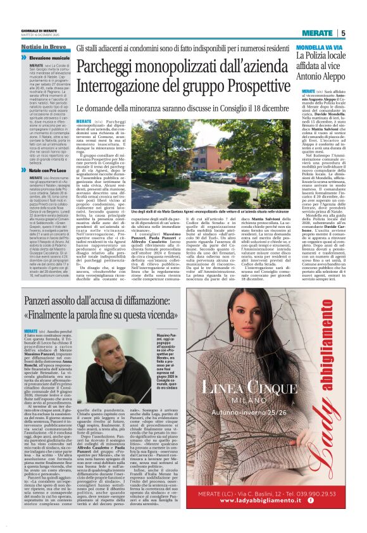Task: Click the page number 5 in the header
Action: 342,34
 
